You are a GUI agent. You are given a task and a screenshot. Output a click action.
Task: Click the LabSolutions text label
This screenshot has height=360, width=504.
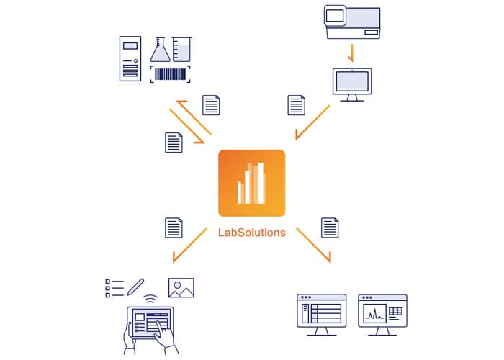[x=252, y=233]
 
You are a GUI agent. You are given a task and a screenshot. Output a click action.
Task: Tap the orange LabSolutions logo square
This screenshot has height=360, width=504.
[x=252, y=183]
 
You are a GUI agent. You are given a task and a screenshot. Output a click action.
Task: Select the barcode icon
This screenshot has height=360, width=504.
[x=171, y=74]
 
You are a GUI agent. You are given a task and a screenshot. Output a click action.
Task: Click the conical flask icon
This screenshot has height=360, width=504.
[x=160, y=49]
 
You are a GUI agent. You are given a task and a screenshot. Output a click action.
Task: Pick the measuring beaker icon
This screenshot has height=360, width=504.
[x=181, y=49]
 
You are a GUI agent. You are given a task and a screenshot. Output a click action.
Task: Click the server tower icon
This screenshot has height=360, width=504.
[x=130, y=58]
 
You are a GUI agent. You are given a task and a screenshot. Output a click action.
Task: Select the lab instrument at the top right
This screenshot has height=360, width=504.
[x=352, y=22]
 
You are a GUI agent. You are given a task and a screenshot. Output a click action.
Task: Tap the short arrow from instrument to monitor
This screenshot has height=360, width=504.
[x=352, y=53]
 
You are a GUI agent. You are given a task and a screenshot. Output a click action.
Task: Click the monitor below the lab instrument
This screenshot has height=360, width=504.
[x=352, y=85]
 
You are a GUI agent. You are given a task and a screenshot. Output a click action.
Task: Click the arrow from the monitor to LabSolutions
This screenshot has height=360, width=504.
[x=312, y=122]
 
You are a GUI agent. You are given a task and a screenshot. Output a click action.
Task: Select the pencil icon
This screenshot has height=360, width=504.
[x=135, y=287]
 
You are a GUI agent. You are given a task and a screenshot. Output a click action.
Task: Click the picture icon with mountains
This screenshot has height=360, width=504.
[x=181, y=288]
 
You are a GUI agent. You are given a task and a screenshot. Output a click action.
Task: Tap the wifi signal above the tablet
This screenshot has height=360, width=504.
[x=150, y=299]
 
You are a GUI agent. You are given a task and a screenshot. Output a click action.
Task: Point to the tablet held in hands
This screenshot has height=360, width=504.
[x=150, y=323]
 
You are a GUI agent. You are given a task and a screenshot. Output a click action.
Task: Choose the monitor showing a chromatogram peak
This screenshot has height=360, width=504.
[x=382, y=315]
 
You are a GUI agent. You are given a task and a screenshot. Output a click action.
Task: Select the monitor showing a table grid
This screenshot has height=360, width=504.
[x=321, y=315]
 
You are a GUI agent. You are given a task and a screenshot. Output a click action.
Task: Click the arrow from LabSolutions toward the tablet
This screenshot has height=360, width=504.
[x=190, y=246]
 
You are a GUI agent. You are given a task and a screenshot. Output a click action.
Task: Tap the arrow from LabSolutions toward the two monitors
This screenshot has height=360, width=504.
[x=313, y=246]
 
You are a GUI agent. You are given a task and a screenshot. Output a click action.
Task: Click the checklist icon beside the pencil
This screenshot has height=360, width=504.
[x=114, y=288]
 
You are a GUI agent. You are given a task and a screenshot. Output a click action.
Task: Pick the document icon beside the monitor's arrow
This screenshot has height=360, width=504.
[x=297, y=105]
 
